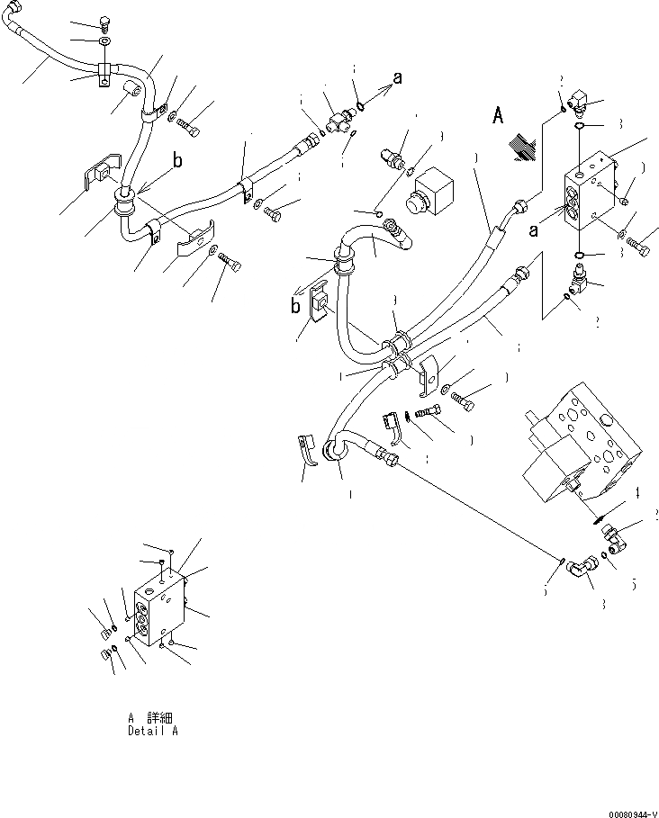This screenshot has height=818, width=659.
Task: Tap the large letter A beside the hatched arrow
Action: click(x=498, y=116)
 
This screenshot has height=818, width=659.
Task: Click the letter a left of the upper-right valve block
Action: click(x=533, y=230)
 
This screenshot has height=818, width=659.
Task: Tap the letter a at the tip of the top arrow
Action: click(x=397, y=78)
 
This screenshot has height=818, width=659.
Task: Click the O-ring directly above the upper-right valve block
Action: click(x=578, y=128)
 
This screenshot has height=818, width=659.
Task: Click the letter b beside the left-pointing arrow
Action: click(x=295, y=305)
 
